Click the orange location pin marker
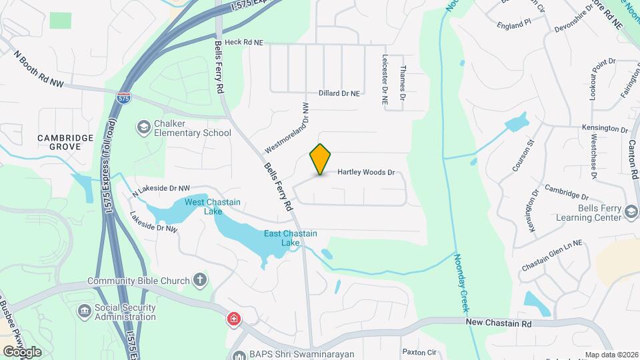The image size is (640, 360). (321, 159)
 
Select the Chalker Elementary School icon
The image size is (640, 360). (143, 127)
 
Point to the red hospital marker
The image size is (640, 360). (233, 319)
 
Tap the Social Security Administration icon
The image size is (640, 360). (85, 311)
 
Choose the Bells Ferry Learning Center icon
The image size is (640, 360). (629, 212)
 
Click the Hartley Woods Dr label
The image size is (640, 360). (366, 172)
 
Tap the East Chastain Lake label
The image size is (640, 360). (290, 238)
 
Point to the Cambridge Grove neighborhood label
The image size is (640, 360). (65, 142)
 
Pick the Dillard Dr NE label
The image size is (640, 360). (339, 93)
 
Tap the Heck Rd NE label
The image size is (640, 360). (244, 42)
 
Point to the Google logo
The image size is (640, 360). (21, 351)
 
